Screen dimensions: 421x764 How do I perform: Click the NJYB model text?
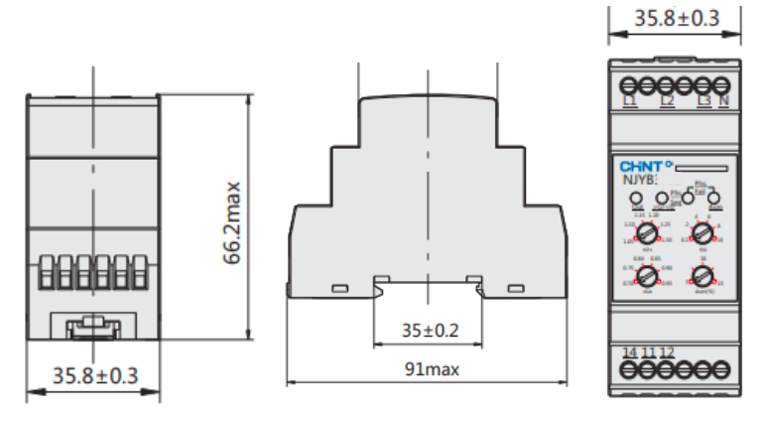(636, 180)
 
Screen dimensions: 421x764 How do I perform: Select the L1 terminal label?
(628, 100)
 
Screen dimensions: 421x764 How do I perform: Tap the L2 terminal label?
(667, 100)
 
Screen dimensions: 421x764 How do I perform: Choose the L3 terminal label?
(703, 100)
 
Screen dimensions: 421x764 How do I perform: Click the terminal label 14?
(628, 351)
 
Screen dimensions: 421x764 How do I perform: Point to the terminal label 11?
(647, 351)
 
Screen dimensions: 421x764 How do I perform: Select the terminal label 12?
(667, 351)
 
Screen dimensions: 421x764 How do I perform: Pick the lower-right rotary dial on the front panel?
(702, 276)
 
